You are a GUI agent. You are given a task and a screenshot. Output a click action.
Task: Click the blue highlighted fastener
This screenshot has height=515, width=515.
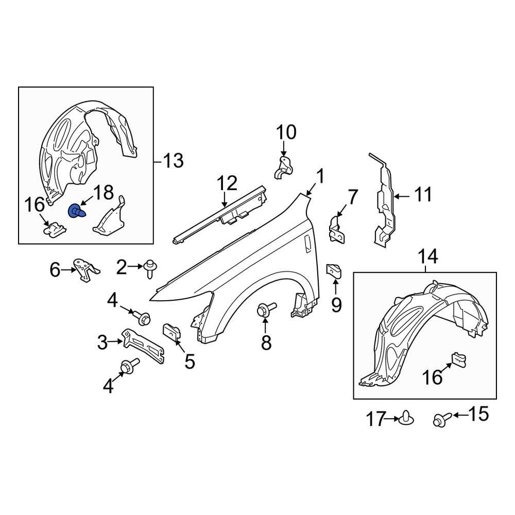pos(76,211)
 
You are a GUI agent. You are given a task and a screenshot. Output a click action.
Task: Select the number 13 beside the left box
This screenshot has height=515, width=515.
pos(173,161)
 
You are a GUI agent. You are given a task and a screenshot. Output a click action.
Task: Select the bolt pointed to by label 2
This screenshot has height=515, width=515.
pos(151,268)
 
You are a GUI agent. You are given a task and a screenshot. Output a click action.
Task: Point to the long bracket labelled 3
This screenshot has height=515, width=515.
pos(144,346)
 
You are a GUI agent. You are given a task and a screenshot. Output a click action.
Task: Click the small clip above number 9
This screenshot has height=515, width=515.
pos(334,270)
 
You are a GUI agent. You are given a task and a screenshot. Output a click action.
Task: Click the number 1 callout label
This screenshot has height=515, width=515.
pos(319,177)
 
